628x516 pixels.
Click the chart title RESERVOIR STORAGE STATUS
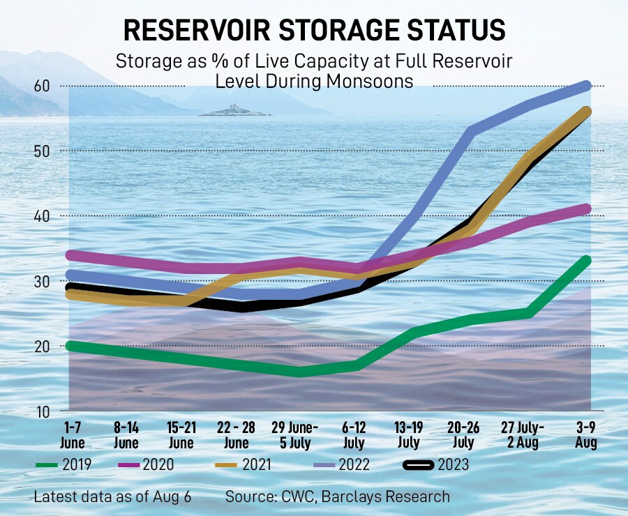click(x=313, y=31)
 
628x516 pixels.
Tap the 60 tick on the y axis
click(x=44, y=86)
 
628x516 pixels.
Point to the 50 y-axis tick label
click(x=44, y=151)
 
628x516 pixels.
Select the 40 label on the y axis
click(x=44, y=216)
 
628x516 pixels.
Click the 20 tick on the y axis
click(x=44, y=347)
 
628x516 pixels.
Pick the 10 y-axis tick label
click(x=44, y=411)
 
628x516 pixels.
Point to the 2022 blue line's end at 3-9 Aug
click(x=585, y=86)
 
